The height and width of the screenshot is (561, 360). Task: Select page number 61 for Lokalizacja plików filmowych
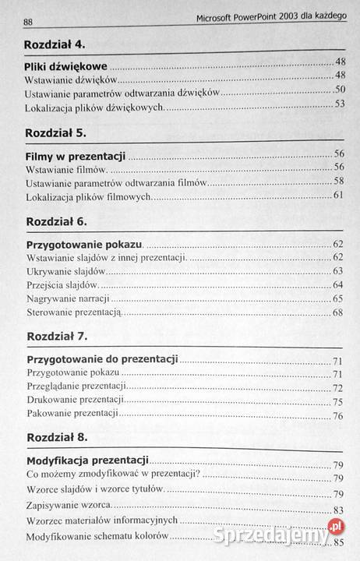point(339,195)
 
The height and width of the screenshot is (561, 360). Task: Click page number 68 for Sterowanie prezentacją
point(338,312)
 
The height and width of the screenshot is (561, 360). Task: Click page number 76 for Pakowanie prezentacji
point(338,416)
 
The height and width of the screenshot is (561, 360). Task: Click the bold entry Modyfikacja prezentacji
point(87,461)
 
